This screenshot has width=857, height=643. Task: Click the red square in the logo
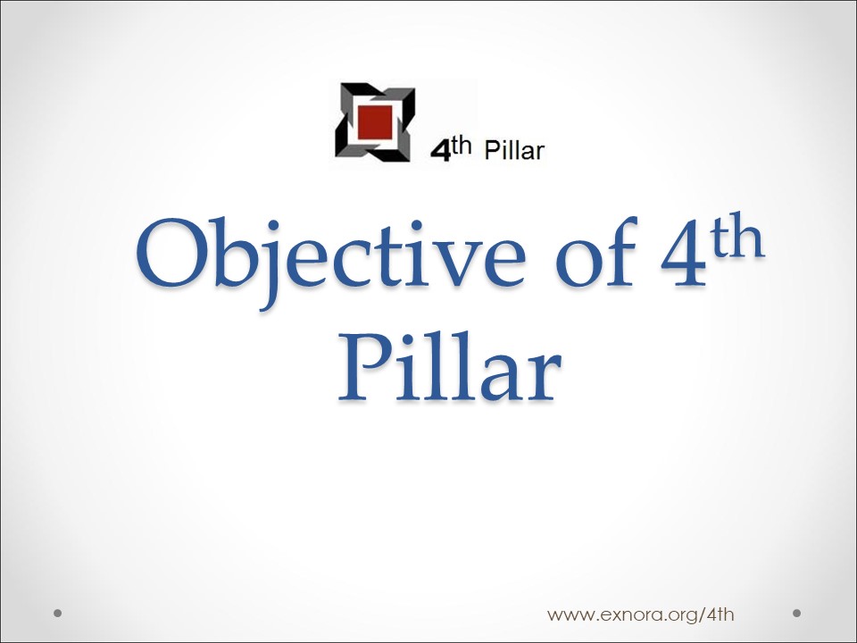pyautogui.click(x=375, y=122)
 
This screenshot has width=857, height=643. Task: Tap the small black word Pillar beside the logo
pyautogui.click(x=514, y=150)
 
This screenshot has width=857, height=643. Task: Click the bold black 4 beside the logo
pyautogui.click(x=440, y=151)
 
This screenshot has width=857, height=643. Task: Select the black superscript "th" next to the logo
pyautogui.click(x=461, y=146)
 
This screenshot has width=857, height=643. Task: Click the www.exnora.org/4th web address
pyautogui.click(x=641, y=614)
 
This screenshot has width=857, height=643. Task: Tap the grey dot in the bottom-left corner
pyautogui.click(x=57, y=613)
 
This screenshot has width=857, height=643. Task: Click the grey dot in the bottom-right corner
pyautogui.click(x=796, y=613)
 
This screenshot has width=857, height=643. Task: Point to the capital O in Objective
pyautogui.click(x=171, y=254)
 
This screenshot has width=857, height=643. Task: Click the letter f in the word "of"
pyautogui.click(x=618, y=252)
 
